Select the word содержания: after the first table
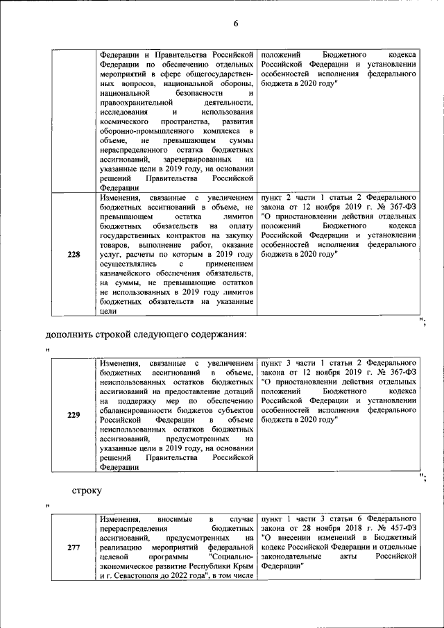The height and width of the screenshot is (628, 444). point(216,334)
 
